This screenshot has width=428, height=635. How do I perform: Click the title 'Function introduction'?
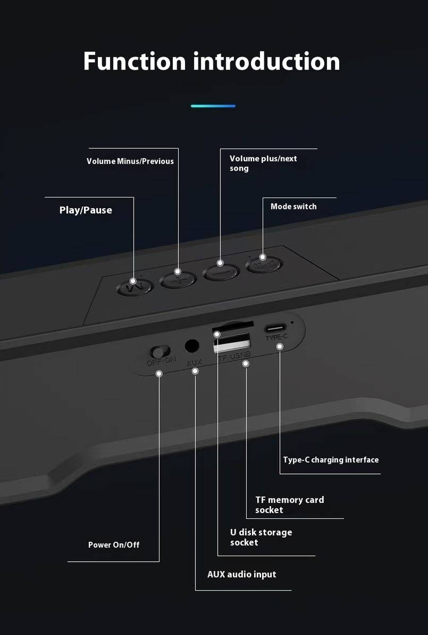click(x=211, y=62)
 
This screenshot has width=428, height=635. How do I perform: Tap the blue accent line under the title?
click(x=213, y=106)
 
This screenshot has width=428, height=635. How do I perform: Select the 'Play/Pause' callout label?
click(x=86, y=210)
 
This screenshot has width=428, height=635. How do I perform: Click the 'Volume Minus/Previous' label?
click(x=130, y=161)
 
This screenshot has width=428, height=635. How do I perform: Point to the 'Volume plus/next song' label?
click(x=263, y=163)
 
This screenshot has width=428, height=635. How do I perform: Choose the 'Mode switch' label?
click(x=293, y=207)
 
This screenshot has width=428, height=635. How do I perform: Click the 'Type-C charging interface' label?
click(x=331, y=460)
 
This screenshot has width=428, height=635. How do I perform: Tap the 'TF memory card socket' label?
click(x=289, y=505)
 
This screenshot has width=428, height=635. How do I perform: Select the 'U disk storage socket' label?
click(x=261, y=537)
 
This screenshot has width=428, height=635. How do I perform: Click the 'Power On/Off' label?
click(x=113, y=545)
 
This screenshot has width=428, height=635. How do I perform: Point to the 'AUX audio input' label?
click(x=242, y=574)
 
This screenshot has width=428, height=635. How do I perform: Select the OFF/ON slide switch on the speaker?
click(x=158, y=351)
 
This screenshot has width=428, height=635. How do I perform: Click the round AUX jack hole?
click(x=192, y=346)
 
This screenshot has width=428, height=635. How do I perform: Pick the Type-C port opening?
click(x=277, y=328)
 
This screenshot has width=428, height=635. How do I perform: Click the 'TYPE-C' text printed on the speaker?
click(x=277, y=337)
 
